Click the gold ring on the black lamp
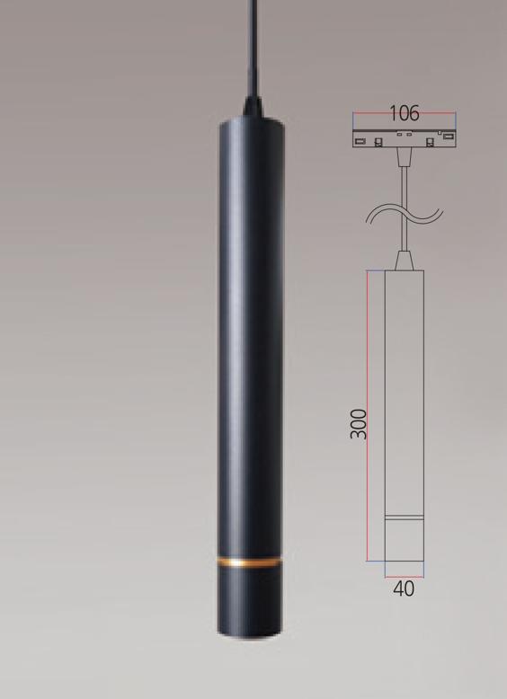(x=250, y=562)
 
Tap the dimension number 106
(x=405, y=113)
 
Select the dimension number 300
(x=359, y=424)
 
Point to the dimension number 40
(x=404, y=588)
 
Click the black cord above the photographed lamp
(x=253, y=49)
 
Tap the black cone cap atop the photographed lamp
(x=253, y=108)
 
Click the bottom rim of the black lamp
(x=250, y=633)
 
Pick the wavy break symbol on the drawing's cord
(x=405, y=214)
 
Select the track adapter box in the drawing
(x=405, y=138)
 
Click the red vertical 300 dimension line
(x=368, y=415)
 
